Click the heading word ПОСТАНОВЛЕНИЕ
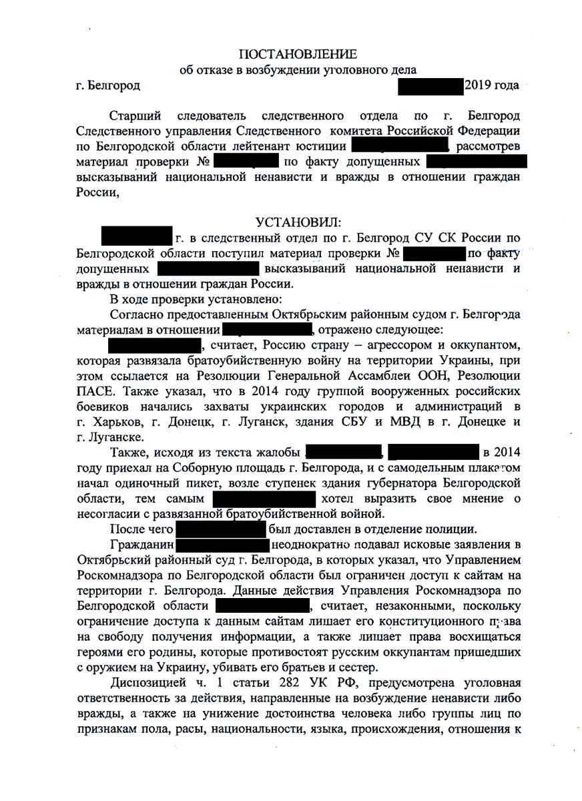298,54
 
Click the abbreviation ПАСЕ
94,393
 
